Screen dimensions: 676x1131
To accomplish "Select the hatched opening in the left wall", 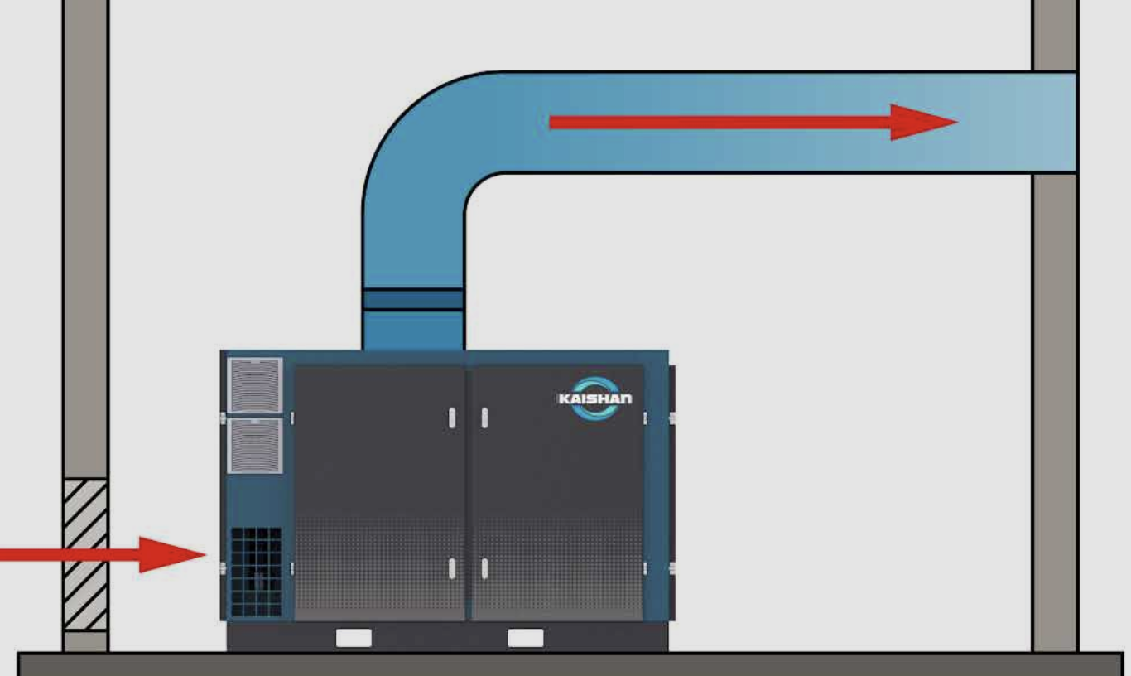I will [85, 554].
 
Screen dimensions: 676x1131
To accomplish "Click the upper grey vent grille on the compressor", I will [254, 384].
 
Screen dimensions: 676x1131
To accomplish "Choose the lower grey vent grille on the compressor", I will [254, 446].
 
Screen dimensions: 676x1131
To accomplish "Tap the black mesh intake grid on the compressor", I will [255, 572].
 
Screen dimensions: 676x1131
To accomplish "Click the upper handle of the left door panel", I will [452, 418].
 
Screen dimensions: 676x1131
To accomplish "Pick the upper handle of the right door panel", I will [484, 418].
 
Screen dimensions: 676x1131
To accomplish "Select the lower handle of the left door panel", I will [452, 568].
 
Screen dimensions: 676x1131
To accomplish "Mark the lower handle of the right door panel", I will [484, 568].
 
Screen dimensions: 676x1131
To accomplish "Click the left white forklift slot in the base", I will [354, 638].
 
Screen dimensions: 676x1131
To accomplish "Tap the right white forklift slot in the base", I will [526, 638].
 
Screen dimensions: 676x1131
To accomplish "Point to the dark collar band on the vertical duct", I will [412, 299].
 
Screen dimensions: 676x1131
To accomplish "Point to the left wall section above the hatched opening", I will [85, 249].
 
